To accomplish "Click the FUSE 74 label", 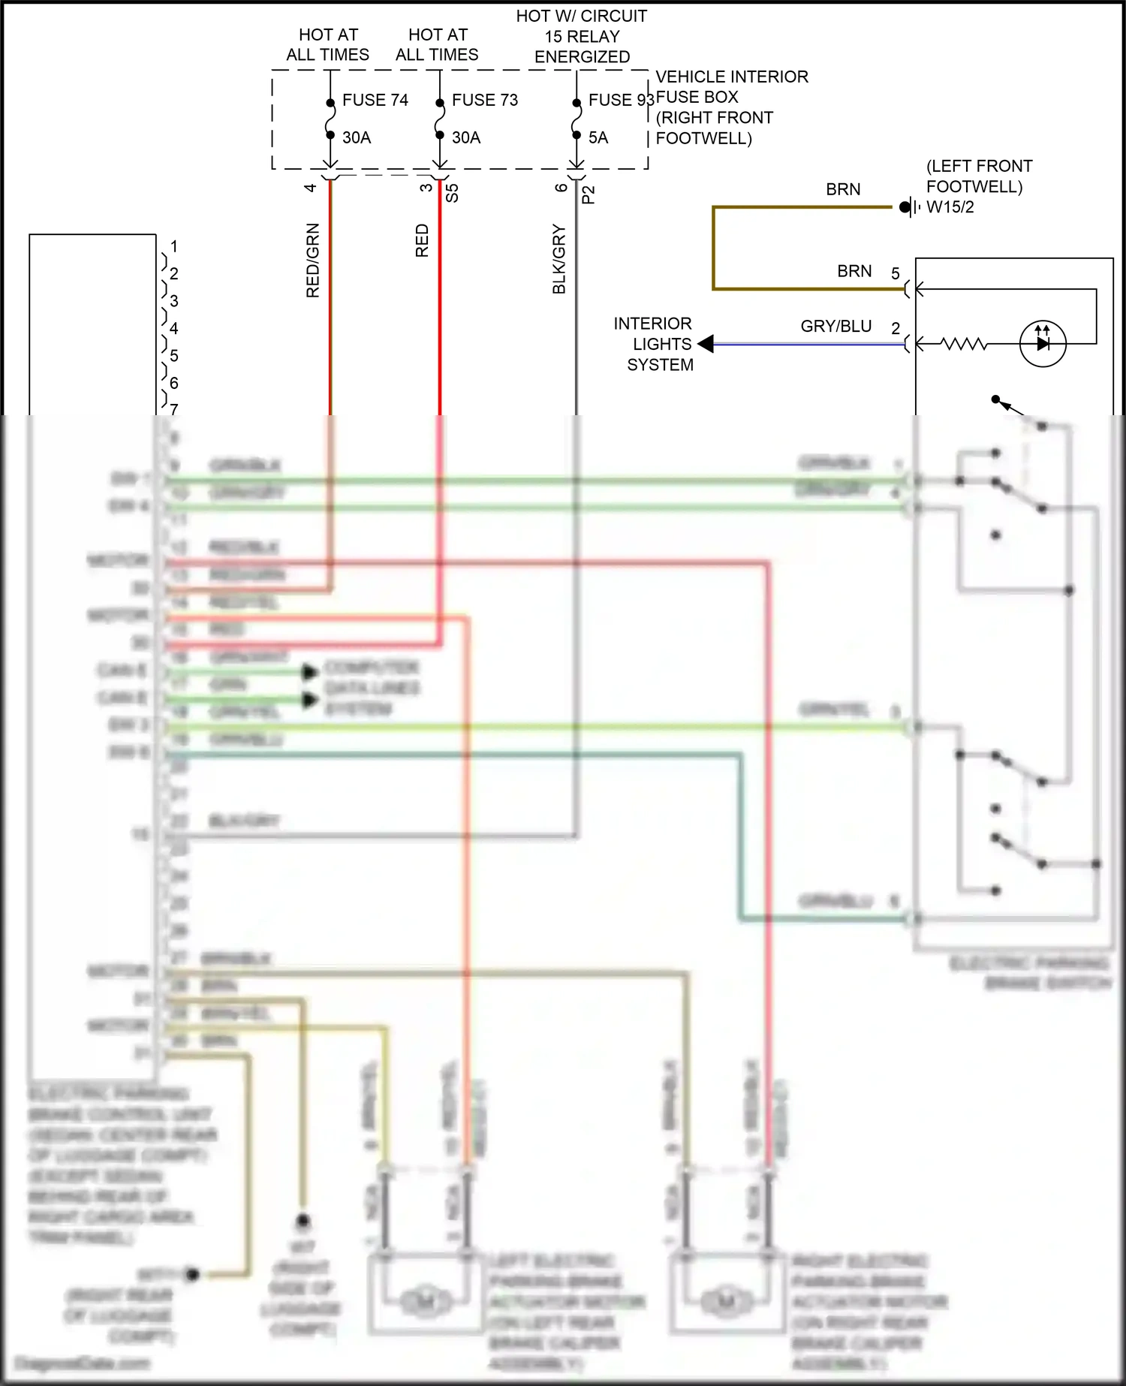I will [375, 100].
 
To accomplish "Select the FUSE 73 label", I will [484, 100].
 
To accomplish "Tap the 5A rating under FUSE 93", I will [598, 137].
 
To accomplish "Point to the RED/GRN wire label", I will [313, 260].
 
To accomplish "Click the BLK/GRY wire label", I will [559, 258].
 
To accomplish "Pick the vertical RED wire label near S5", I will [422, 240].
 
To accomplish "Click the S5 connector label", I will [452, 193].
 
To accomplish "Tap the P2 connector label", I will [589, 194].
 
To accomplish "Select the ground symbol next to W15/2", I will [910, 206].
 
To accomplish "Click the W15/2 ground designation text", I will [950, 207].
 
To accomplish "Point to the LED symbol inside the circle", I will [1043, 343].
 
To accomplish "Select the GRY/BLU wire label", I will [835, 326].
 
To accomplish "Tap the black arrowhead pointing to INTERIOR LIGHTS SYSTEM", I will [706, 344].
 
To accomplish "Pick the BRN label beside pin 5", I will [854, 271].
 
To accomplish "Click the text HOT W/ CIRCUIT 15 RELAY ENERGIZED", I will [581, 36].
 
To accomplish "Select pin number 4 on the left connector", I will [174, 328].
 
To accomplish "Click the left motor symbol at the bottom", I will [425, 1300].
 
